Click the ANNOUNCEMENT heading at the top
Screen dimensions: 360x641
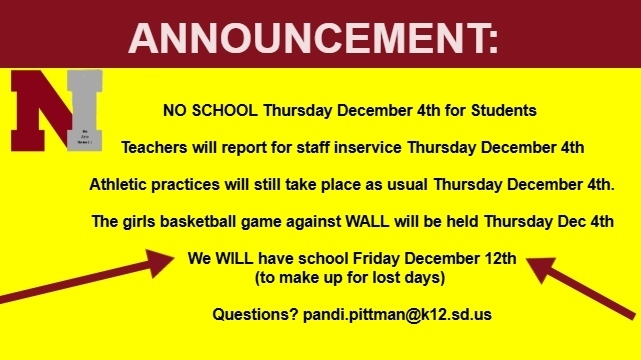(314, 37)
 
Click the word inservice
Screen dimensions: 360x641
(366, 147)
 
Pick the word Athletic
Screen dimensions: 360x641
(120, 185)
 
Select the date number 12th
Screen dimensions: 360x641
(499, 259)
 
